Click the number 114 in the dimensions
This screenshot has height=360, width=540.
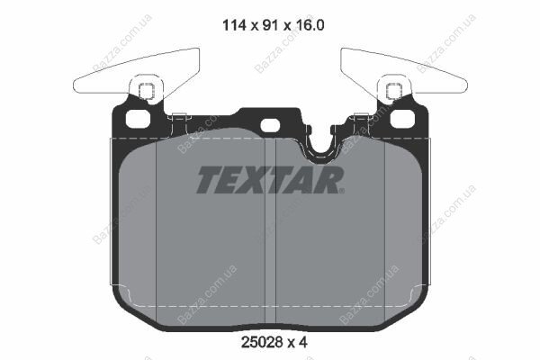coord(234,25)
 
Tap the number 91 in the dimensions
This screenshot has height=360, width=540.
coord(270,25)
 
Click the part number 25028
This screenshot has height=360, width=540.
coord(262,342)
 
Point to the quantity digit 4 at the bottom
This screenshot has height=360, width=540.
coord(302,342)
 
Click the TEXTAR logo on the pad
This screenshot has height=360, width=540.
coord(270,179)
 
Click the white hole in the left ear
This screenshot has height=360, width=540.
coord(138,118)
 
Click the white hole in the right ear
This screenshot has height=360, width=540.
coord(402,118)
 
